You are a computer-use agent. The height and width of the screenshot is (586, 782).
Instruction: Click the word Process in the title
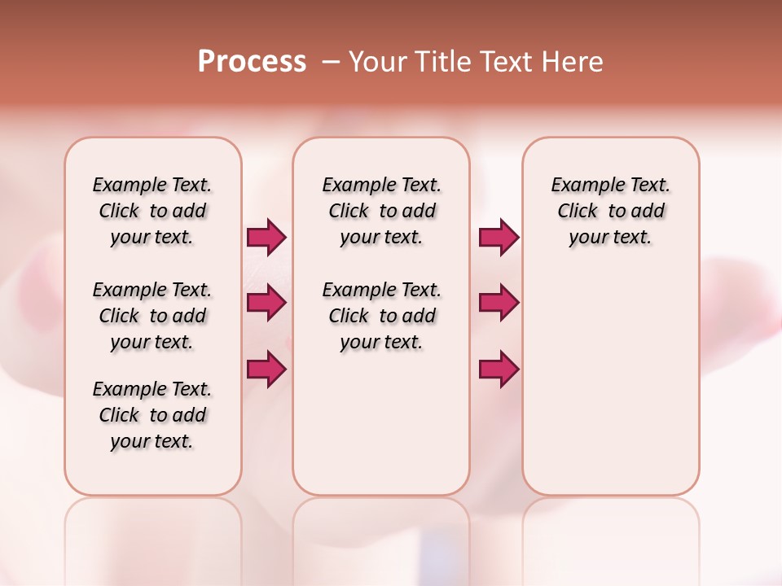coord(252,62)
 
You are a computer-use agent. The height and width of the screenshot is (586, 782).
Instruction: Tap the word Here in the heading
coord(573,62)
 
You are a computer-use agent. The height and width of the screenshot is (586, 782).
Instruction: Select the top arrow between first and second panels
coord(266,237)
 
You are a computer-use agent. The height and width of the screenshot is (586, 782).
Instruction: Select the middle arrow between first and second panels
coord(266,303)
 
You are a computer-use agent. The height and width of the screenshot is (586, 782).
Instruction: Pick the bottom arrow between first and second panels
coord(266,369)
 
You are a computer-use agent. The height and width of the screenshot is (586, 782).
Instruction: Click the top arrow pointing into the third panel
coord(499,237)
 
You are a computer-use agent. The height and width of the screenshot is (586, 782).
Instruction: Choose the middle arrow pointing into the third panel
coord(499,303)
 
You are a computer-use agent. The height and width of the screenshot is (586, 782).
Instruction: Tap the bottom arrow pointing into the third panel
coord(499,369)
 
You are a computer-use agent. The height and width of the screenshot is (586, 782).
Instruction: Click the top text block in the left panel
coord(152,211)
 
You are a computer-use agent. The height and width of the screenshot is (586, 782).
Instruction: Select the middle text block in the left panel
coord(152,316)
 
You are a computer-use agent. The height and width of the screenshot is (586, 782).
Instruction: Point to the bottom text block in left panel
coord(152,415)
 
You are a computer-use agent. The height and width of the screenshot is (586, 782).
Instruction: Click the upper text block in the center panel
coord(382,211)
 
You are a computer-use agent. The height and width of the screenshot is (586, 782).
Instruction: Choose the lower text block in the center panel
coord(382,316)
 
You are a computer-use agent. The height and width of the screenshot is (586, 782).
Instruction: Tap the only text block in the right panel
coord(611,211)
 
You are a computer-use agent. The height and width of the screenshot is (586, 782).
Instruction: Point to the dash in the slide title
coord(331,62)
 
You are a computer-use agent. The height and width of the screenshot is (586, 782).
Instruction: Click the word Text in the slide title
coord(507,62)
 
